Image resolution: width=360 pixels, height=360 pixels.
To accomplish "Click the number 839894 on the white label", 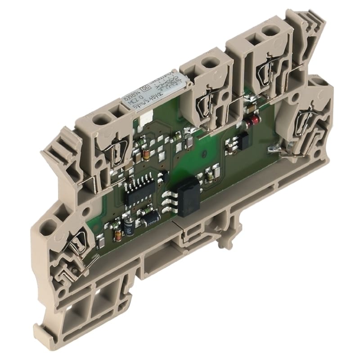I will tap(131, 93).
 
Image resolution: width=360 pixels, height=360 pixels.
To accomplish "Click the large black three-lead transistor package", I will tap(188, 199).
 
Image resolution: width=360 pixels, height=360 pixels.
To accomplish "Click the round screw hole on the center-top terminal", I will tap(209, 63).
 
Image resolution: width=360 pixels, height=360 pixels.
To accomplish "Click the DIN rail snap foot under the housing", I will tap(224, 234).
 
